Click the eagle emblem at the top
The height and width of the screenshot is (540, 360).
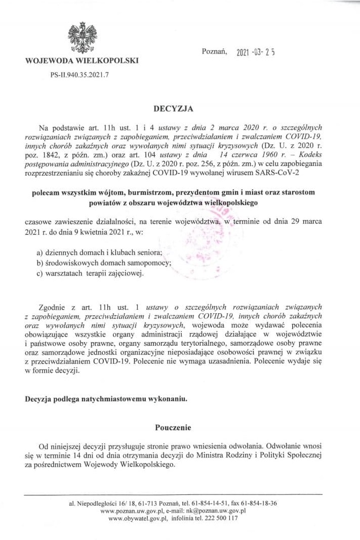tap(82, 38)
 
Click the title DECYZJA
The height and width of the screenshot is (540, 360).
tap(173, 108)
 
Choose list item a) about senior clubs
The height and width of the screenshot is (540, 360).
tap(99, 252)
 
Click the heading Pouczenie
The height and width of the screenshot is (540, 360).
tap(173, 428)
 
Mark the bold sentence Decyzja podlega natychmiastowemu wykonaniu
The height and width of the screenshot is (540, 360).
tap(106, 398)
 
